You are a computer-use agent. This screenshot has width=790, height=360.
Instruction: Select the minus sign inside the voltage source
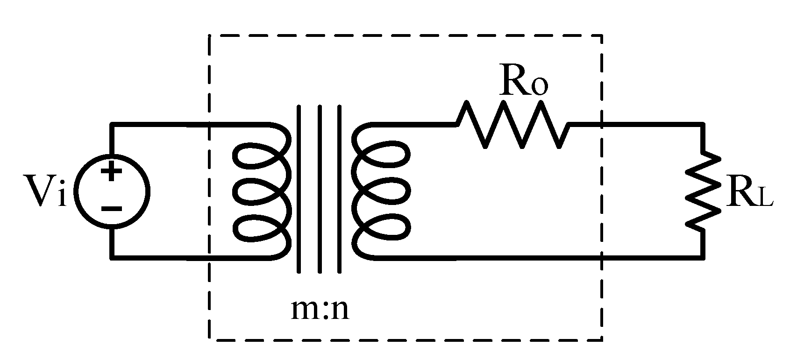coord(111,209)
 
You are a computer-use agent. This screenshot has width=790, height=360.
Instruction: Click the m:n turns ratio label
coord(320,310)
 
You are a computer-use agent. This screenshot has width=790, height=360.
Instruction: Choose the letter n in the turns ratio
coord(339,311)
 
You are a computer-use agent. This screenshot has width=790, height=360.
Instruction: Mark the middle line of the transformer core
coord(320,189)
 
